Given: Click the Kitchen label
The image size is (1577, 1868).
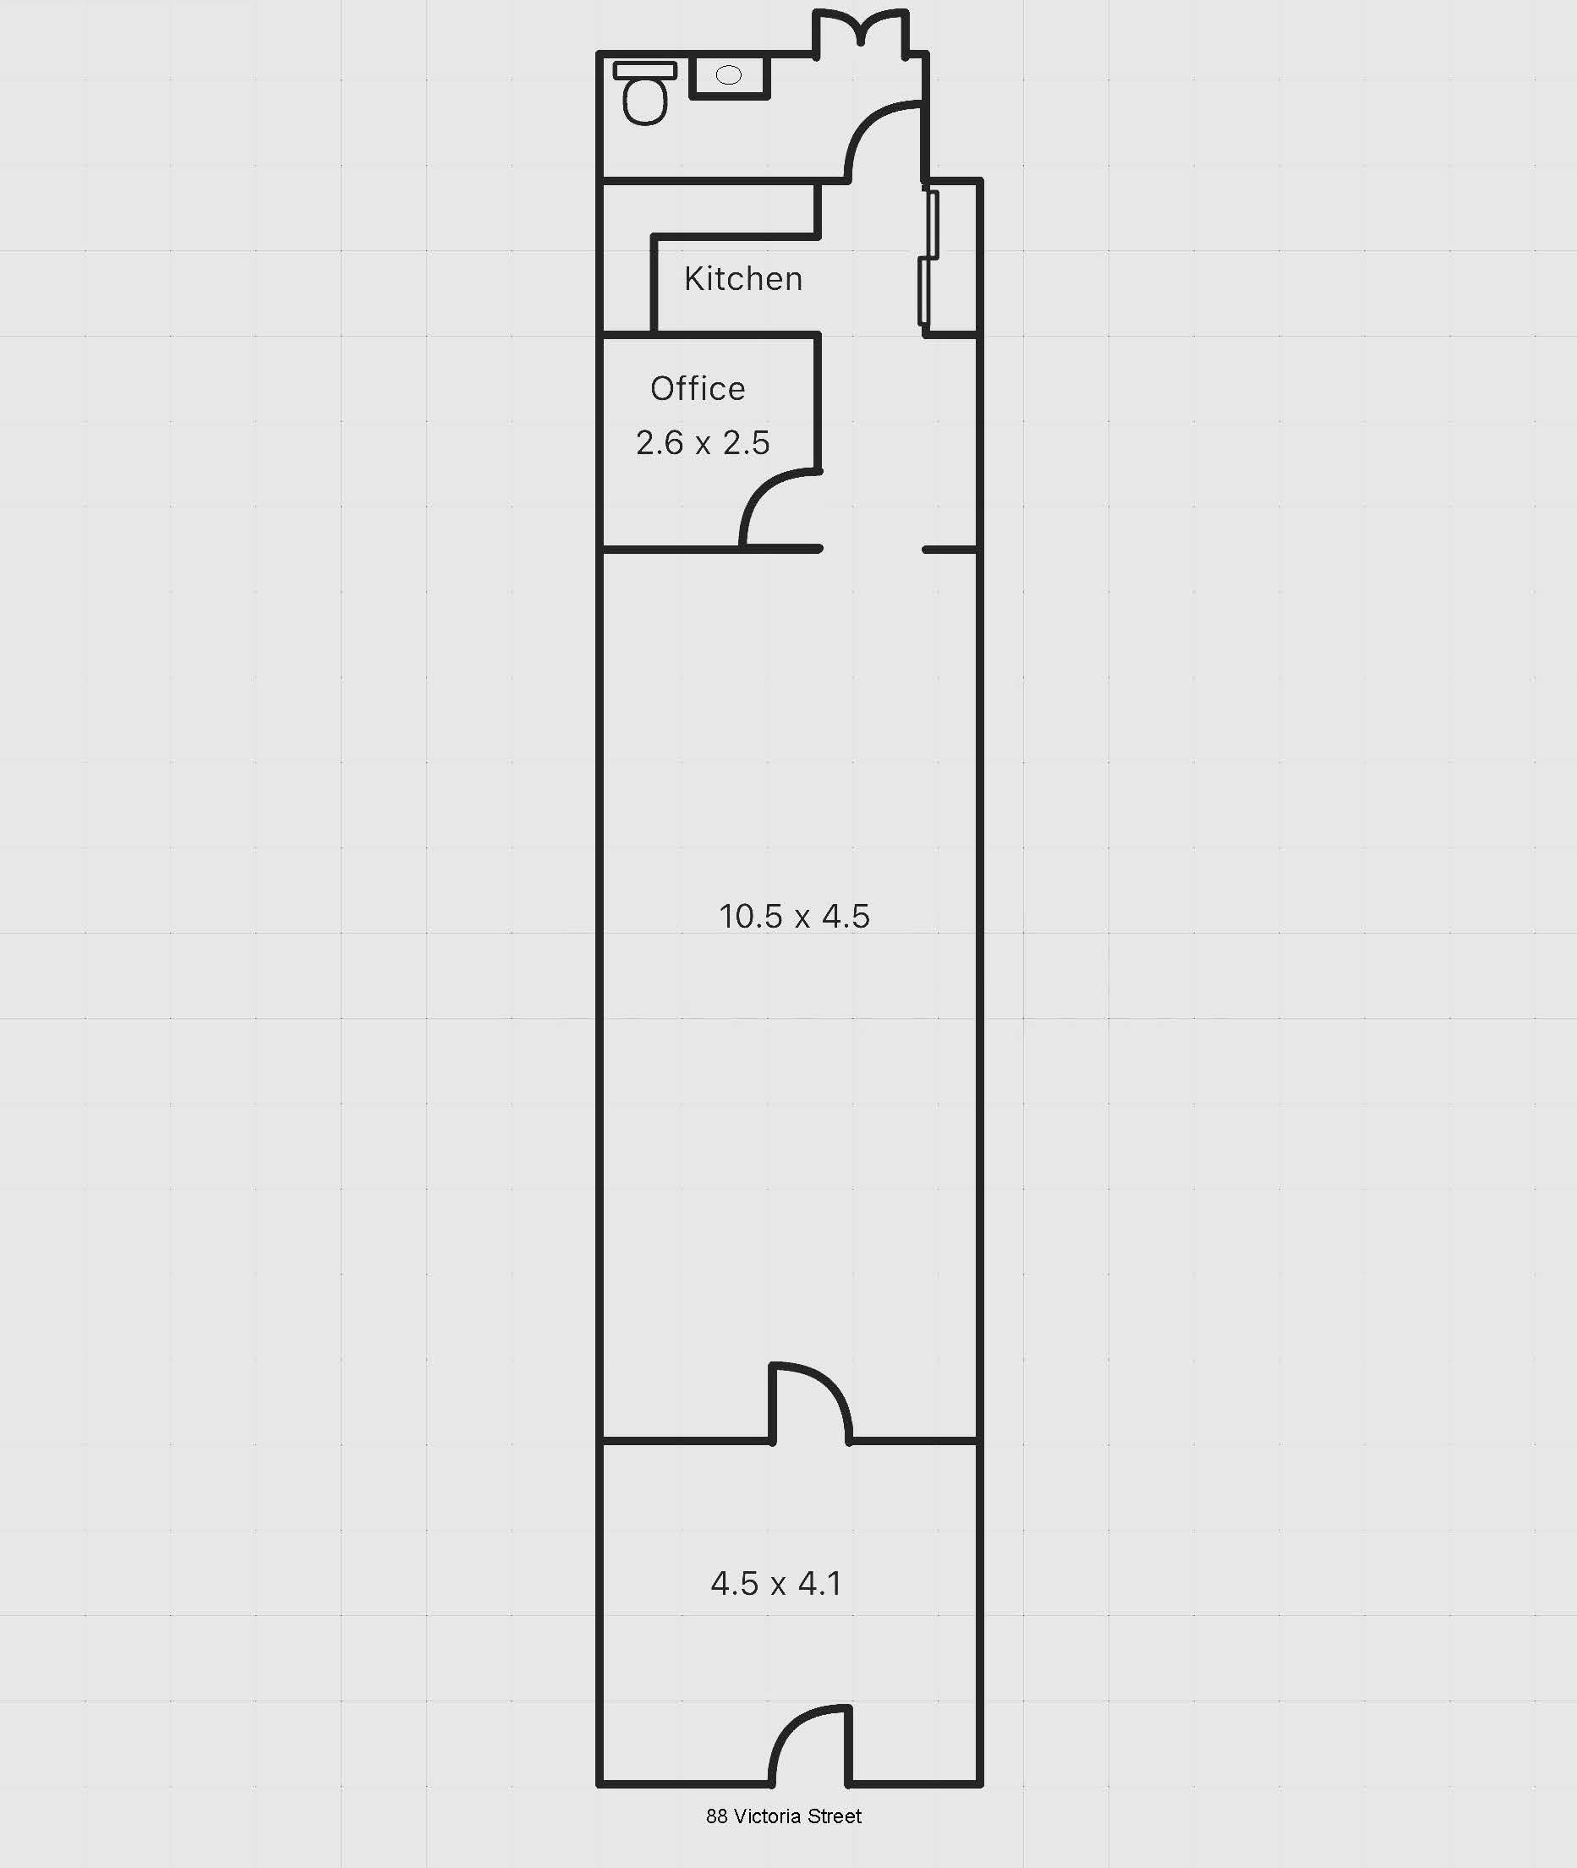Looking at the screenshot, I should [743, 279].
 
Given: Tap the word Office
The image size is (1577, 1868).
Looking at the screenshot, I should [698, 389].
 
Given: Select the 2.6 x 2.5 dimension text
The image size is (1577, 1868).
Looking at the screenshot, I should [703, 442].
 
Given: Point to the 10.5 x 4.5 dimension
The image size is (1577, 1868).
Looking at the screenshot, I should [794, 917].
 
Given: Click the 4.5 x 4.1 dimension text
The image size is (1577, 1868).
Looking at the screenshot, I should [776, 1584].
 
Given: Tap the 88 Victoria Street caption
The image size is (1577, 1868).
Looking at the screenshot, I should [783, 1816].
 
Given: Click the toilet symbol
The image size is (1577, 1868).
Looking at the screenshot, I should [644, 98].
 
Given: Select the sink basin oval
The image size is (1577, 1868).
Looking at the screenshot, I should [729, 75].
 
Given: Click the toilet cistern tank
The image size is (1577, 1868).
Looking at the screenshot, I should [644, 69].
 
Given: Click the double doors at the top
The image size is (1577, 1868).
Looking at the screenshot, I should [861, 27].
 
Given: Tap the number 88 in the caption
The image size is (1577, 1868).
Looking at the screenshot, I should [716, 1816].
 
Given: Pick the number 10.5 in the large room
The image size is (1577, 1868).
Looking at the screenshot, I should [751, 917].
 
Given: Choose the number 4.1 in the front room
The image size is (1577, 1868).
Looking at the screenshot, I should [820, 1584].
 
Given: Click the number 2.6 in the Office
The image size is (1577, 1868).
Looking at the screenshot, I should [659, 442].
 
